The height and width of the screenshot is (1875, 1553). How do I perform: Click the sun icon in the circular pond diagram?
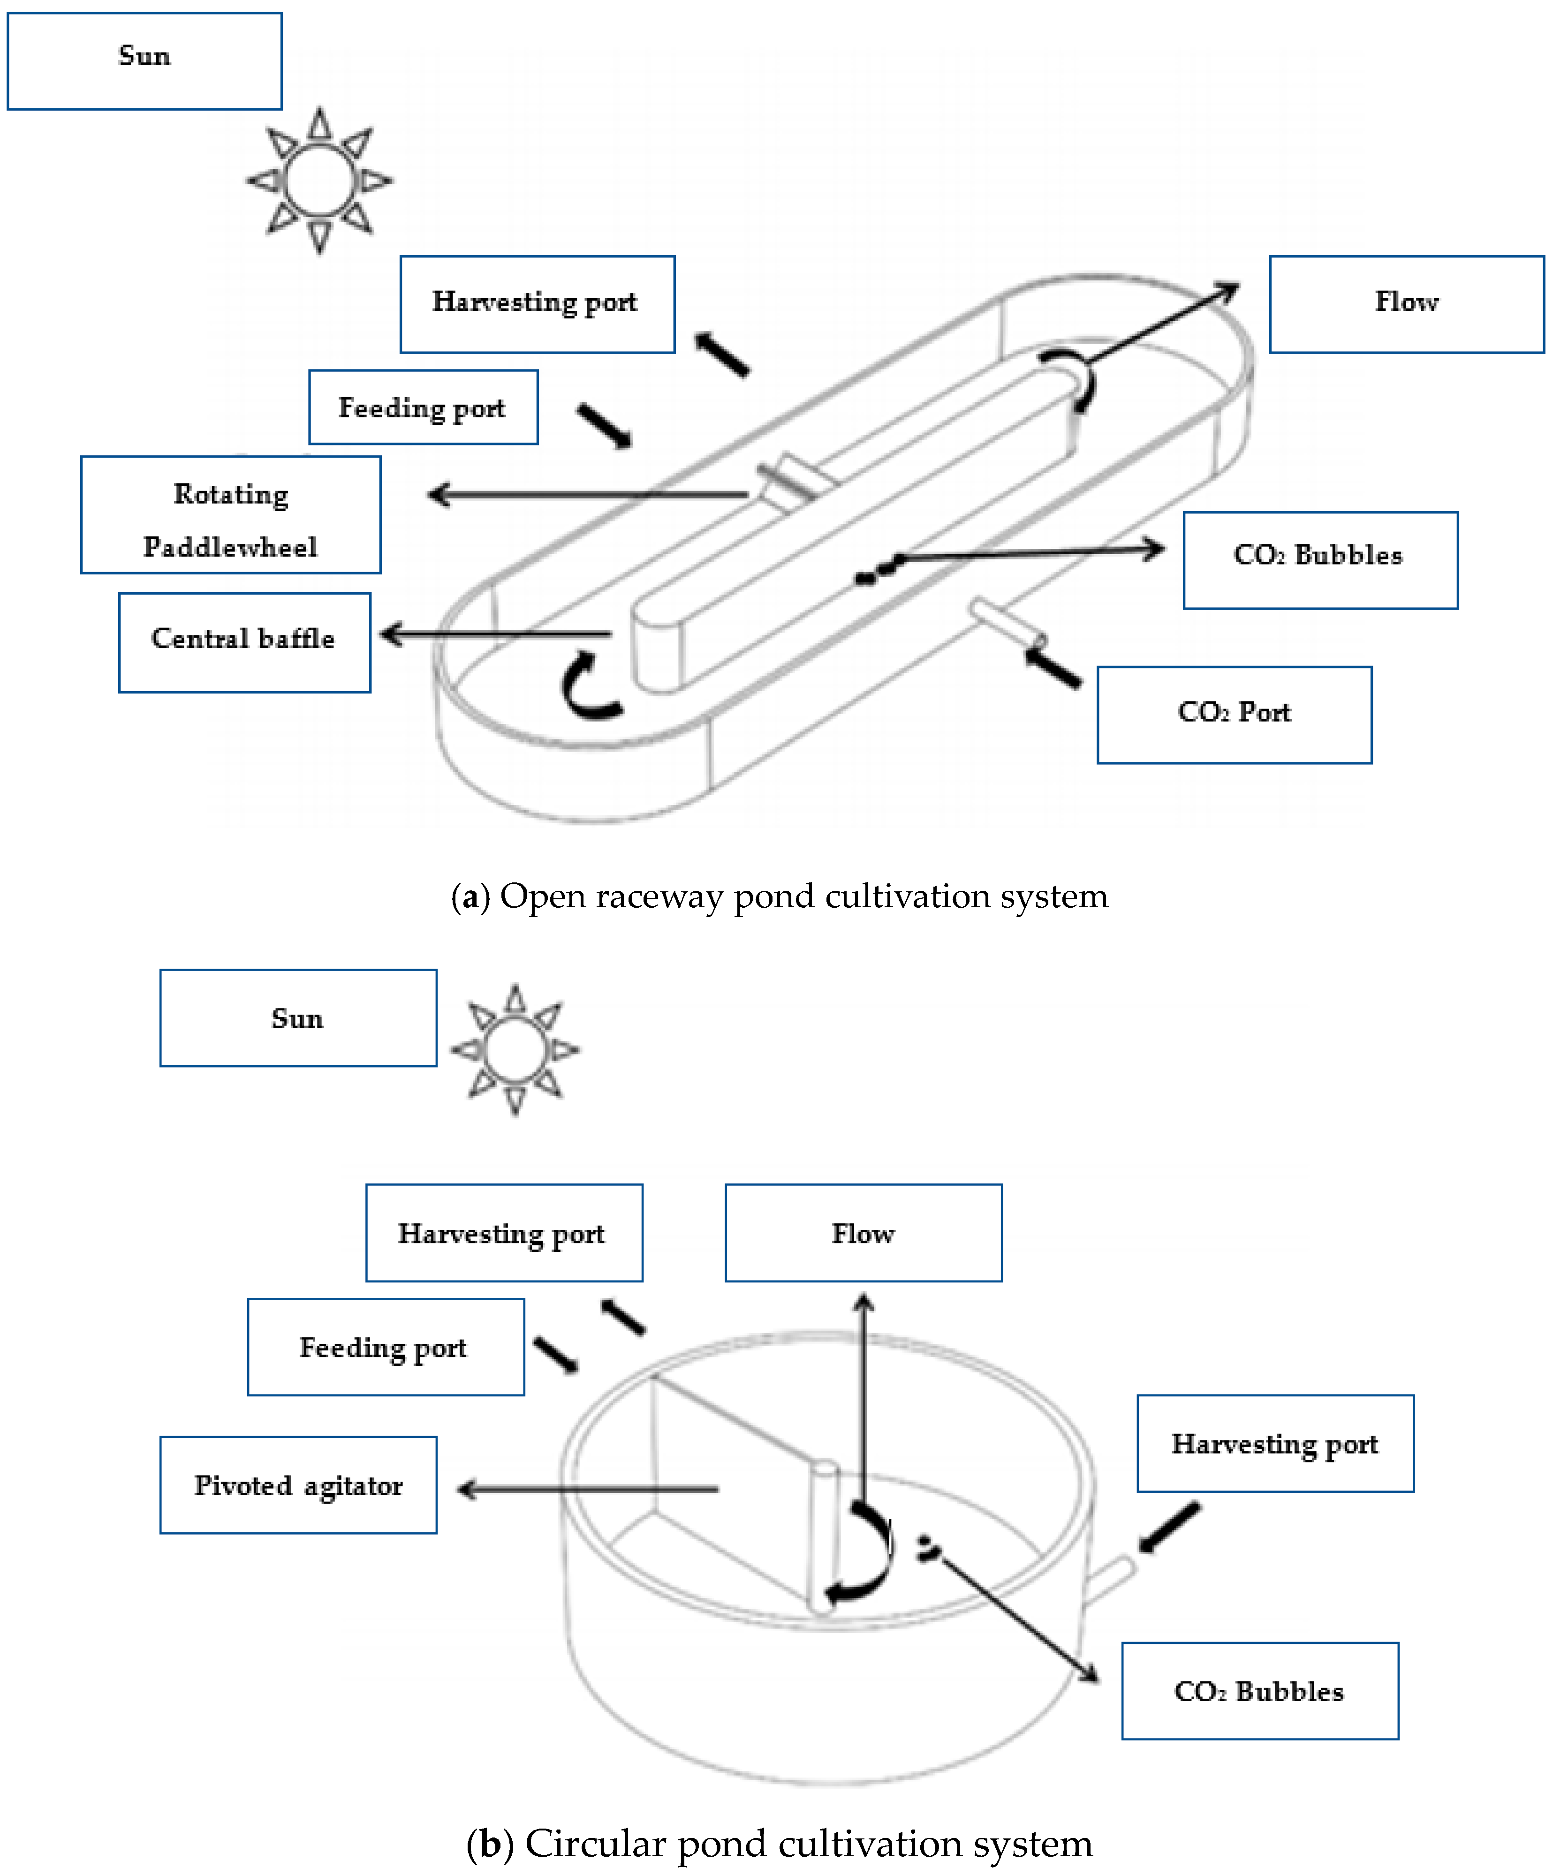point(515,1050)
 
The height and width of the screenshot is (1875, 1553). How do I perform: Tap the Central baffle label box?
point(244,642)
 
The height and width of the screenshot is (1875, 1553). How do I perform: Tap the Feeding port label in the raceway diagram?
point(423,407)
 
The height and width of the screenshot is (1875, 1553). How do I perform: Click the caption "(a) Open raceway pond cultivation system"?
point(779,896)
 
